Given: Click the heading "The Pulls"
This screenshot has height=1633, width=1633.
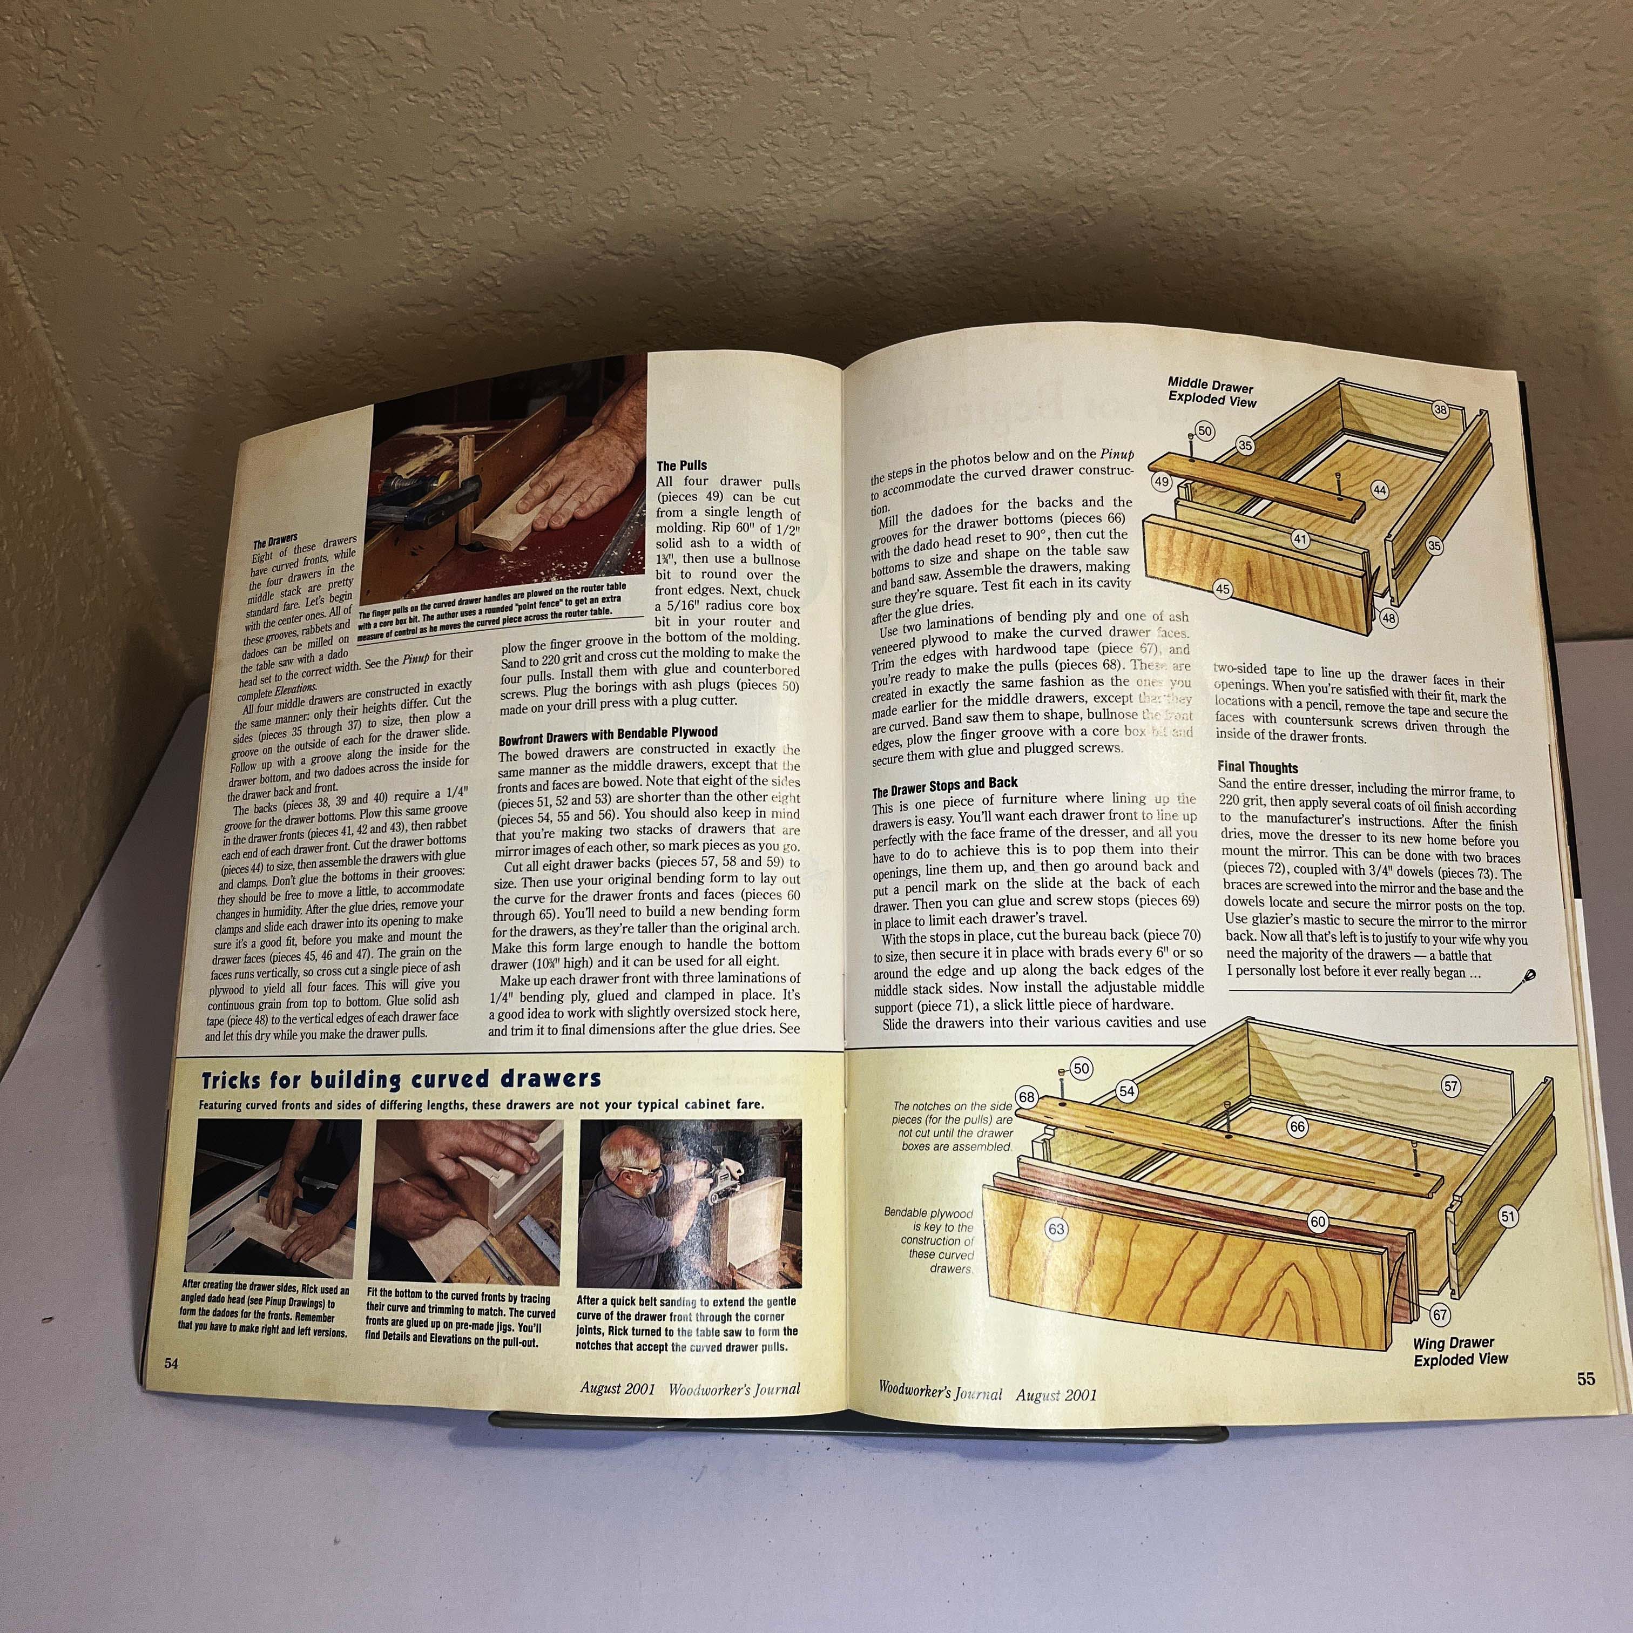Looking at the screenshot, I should (x=681, y=465).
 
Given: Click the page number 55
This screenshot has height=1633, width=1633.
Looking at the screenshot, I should (x=1585, y=1379).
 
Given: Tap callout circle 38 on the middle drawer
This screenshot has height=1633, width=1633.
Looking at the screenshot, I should (x=1440, y=410).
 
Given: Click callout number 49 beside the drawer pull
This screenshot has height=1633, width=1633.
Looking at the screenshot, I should (x=1162, y=482).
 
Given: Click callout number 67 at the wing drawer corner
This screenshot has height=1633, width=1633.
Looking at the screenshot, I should (x=1440, y=1315).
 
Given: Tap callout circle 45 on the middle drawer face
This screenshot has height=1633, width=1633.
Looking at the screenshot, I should (x=1222, y=589).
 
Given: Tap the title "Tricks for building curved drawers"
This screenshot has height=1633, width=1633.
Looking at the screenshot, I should (x=401, y=1079).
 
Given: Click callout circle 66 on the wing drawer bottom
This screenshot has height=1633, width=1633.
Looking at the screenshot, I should (x=1298, y=1126).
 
